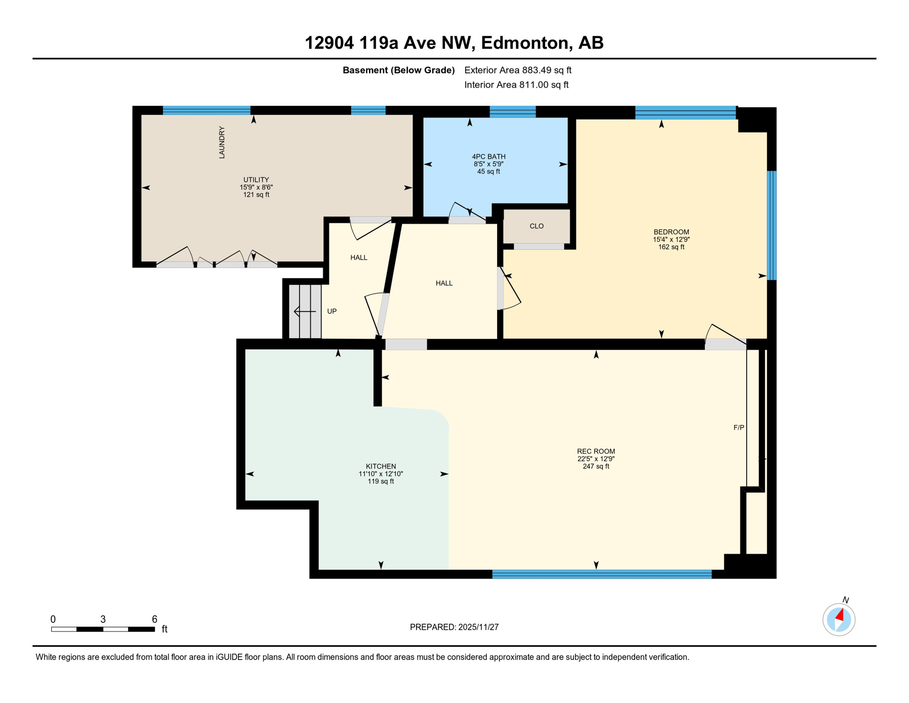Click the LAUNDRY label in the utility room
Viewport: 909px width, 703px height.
222,143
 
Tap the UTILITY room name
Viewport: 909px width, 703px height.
256,180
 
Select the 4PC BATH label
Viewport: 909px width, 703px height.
489,157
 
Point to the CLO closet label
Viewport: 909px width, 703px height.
536,226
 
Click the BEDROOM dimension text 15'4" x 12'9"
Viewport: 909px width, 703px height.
671,239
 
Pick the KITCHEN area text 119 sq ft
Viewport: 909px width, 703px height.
381,481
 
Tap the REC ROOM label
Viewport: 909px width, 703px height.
596,451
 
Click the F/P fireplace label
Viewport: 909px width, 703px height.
739,427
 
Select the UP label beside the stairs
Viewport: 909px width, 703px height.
332,311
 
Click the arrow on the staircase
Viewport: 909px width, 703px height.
305,312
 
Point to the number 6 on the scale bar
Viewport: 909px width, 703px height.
155,619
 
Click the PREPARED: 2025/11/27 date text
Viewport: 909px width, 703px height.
454,627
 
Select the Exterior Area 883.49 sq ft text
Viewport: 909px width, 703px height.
518,70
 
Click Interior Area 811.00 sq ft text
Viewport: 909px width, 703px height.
516,85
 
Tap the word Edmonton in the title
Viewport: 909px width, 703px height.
525,43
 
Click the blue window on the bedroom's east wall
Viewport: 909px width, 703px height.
771,225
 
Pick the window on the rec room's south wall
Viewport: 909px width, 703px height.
602,574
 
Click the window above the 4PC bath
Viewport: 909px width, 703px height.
513,111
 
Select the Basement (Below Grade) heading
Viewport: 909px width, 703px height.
399,70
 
